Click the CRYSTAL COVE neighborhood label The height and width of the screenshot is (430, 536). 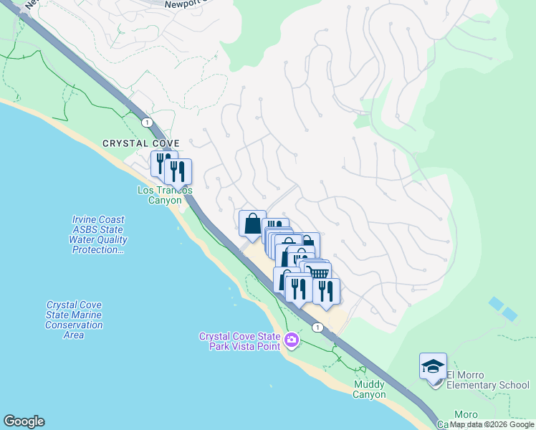140,143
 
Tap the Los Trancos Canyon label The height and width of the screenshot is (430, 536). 165,195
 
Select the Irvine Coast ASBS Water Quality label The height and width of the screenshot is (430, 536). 98,235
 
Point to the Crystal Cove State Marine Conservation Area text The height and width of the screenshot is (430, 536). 74,320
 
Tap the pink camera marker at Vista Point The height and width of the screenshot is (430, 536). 291,340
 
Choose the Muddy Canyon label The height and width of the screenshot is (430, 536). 370,390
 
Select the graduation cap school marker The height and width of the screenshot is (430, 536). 433,367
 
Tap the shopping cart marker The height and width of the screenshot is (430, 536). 319,273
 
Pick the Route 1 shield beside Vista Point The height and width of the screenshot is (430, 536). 317,327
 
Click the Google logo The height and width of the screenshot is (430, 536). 24,421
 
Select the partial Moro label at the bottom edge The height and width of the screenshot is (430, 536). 466,415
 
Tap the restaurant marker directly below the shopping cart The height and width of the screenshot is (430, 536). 326,290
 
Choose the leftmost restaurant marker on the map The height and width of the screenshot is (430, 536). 163,164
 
